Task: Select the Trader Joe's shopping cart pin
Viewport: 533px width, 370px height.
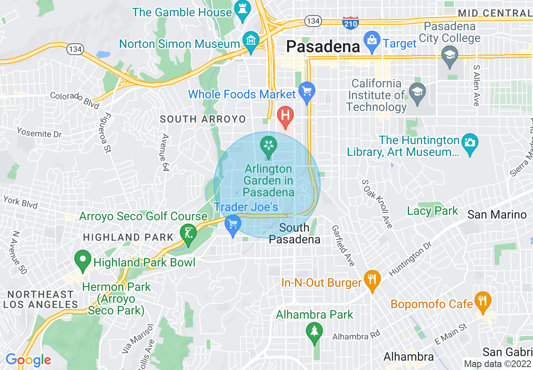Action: pyautogui.click(x=232, y=224)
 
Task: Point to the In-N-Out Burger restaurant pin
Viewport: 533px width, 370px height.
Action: pyautogui.click(x=372, y=280)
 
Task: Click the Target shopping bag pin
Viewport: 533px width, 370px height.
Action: pyautogui.click(x=372, y=41)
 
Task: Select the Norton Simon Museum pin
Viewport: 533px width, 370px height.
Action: pyautogui.click(x=251, y=41)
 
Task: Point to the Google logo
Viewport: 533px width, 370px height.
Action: pyautogui.click(x=28, y=360)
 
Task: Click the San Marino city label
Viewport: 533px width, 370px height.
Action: pyautogui.click(x=497, y=215)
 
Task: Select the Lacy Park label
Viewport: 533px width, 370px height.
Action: pyautogui.click(x=432, y=211)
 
